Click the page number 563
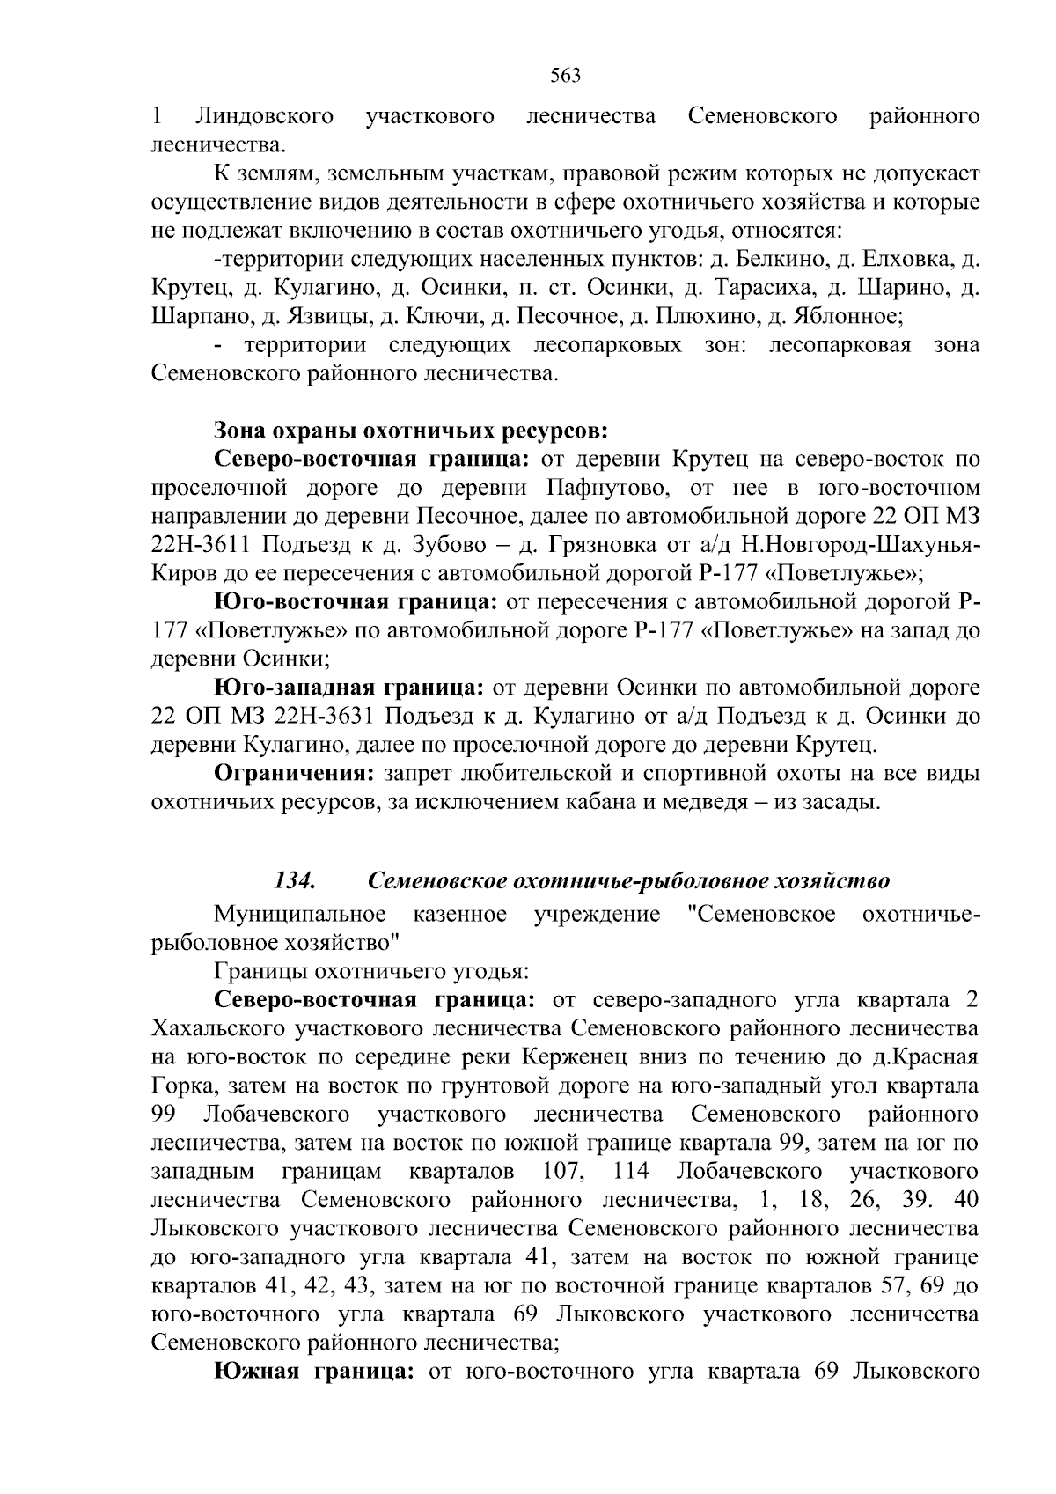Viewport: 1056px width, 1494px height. click(565, 76)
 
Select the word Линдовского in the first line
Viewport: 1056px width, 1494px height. click(264, 117)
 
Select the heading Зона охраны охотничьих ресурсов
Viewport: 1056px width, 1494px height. click(411, 431)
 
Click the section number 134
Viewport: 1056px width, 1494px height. click(296, 880)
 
